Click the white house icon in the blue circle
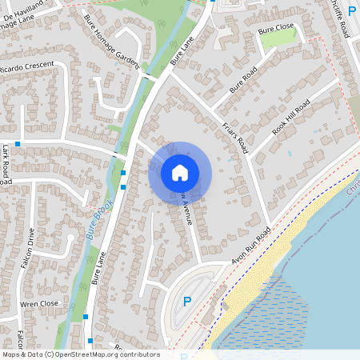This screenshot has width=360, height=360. pos(180,173)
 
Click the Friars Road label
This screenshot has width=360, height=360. pos(238,134)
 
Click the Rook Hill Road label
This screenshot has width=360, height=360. pos(291,118)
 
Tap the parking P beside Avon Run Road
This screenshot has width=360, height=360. pos(187,302)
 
